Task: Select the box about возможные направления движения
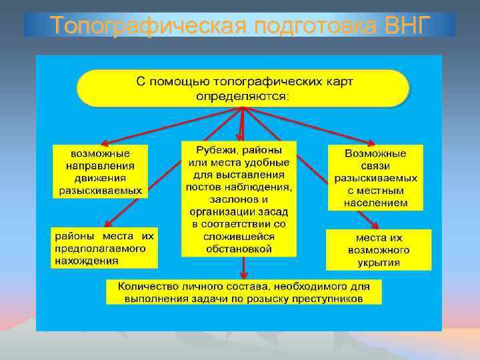point(100,171)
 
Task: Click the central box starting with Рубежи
point(239,199)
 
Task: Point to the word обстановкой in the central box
point(239,249)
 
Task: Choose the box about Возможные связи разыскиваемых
point(376,177)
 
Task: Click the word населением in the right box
point(376,203)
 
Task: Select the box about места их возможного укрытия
point(378,250)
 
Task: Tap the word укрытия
point(378,263)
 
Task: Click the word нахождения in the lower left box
point(77,261)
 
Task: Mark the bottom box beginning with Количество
point(243,292)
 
